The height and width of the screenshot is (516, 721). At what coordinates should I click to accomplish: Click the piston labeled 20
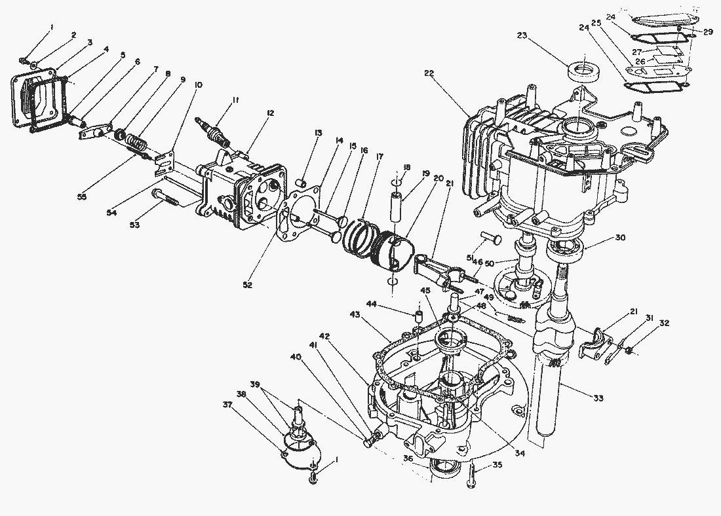394,252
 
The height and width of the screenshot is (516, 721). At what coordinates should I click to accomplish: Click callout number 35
497,465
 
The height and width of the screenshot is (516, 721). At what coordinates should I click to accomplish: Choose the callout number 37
227,404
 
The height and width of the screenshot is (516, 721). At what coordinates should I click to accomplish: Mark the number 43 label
355,314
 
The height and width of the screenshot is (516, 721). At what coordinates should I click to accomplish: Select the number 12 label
269,113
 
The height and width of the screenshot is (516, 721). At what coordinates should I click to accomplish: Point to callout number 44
371,304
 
